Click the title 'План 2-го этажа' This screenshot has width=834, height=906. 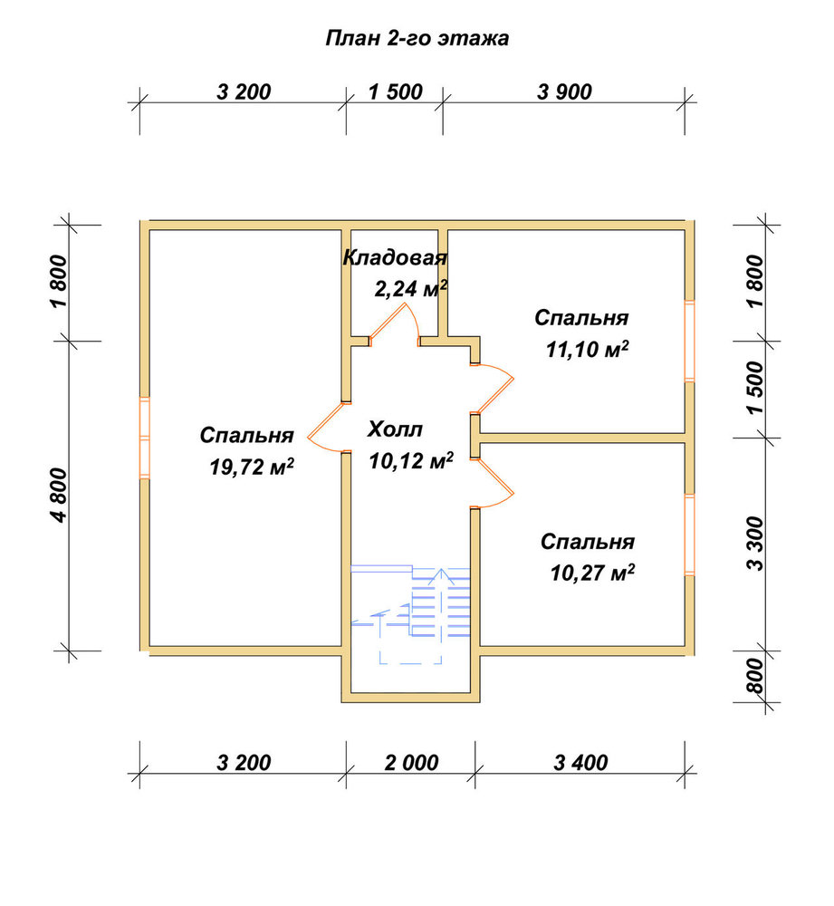[x=417, y=38]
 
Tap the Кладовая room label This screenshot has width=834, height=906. [x=395, y=257]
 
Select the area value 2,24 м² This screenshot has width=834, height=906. [x=411, y=287]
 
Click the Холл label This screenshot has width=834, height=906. [x=395, y=429]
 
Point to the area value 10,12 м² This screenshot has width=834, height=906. [x=411, y=460]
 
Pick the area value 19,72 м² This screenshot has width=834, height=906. [x=252, y=467]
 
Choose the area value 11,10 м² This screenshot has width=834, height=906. [x=588, y=349]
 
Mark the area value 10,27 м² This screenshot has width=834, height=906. [x=592, y=573]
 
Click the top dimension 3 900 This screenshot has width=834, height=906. [x=564, y=92]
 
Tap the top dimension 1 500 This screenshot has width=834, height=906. [x=396, y=92]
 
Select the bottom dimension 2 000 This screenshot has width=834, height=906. [x=411, y=763]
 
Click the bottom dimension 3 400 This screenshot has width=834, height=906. [x=580, y=763]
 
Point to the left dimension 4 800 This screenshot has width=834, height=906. [x=60, y=496]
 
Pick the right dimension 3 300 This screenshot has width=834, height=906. [x=754, y=544]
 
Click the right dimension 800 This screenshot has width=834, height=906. [x=754, y=676]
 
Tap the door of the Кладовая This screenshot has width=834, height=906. [x=394, y=324]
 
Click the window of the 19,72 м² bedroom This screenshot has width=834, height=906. [x=144, y=438]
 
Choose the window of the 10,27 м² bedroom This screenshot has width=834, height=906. [x=690, y=535]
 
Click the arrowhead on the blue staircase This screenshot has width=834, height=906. [x=441, y=575]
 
